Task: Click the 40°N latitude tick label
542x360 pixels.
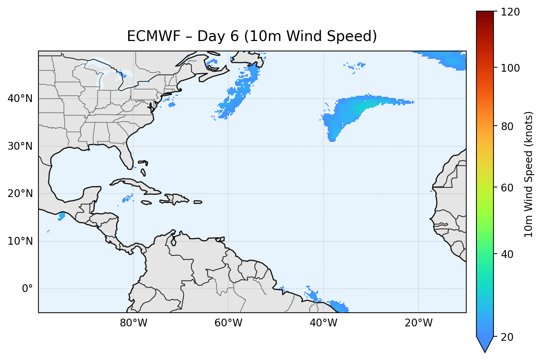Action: pyautogui.click(x=20, y=99)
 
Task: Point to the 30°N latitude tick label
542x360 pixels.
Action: pyautogui.click(x=20, y=146)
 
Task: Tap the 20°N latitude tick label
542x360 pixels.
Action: pyautogui.click(x=20, y=194)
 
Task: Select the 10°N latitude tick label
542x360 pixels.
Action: pyautogui.click(x=20, y=241)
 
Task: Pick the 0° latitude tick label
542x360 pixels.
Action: pyautogui.click(x=27, y=289)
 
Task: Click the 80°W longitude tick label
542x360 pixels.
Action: pyautogui.click(x=133, y=323)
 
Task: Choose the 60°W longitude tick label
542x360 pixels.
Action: pyautogui.click(x=228, y=323)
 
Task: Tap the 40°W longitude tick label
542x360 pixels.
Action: pyautogui.click(x=323, y=323)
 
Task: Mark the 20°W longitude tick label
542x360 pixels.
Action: pyautogui.click(x=418, y=323)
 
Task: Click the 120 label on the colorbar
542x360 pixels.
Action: pyautogui.click(x=510, y=12)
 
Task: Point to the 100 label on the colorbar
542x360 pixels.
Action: pyautogui.click(x=510, y=68)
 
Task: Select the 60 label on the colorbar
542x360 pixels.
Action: pyautogui.click(x=508, y=188)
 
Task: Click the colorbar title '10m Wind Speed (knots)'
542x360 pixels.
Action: pyautogui.click(x=529, y=174)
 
